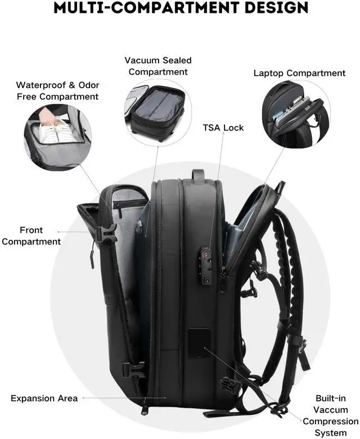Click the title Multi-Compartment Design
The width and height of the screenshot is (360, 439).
click(180, 7)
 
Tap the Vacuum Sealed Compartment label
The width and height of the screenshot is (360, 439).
click(158, 66)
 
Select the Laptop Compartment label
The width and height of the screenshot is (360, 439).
click(299, 73)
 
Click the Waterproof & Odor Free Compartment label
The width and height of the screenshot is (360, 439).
click(57, 91)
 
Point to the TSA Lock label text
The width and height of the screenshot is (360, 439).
click(223, 128)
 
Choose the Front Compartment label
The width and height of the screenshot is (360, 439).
click(39, 236)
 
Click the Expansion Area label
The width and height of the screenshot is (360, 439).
click(44, 398)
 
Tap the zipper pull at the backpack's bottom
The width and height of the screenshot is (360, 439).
click(145, 405)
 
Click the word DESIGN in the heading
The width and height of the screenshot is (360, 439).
click(273, 7)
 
